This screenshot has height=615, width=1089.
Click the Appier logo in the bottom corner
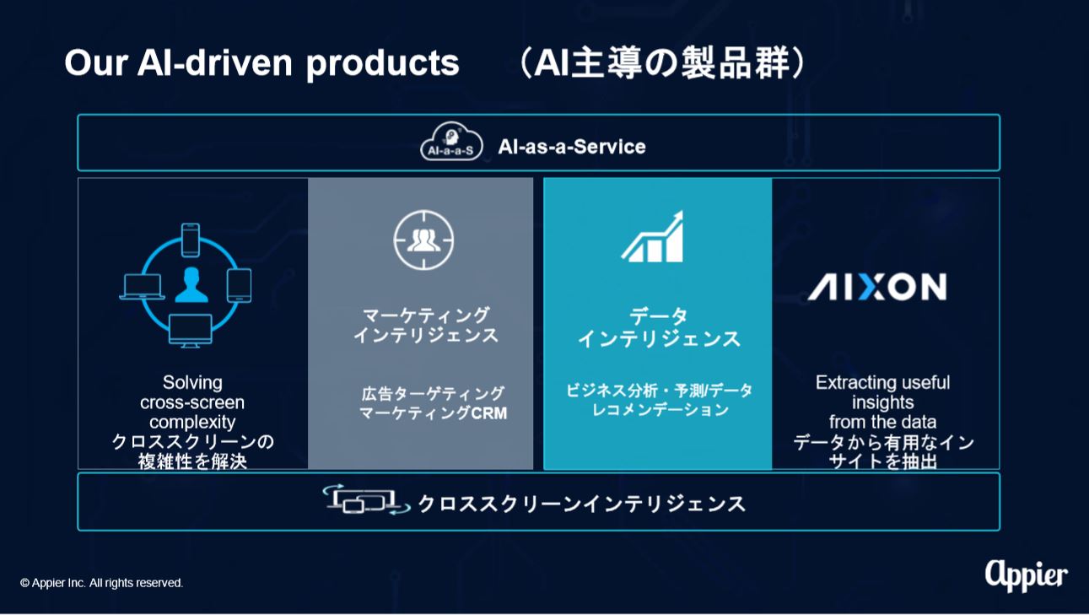coord(1027,575)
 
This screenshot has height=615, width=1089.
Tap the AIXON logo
coord(877,286)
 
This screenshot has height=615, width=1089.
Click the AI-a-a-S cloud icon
coord(451,141)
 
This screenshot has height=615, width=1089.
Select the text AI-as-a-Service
coord(572,146)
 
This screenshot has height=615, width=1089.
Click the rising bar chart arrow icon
coord(652,236)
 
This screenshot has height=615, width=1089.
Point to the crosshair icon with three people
coord(423,240)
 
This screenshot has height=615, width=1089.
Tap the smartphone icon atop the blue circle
coord(190,240)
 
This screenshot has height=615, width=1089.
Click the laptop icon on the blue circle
coord(142,287)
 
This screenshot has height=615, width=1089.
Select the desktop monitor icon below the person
coord(190,331)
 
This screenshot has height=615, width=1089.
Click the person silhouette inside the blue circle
coord(191,285)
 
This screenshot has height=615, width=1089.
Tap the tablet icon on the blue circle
coord(240,285)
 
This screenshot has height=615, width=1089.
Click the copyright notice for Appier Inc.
coord(101,582)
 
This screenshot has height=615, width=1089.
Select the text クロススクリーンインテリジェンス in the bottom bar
coord(581,504)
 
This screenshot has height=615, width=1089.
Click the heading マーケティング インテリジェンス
coord(425,326)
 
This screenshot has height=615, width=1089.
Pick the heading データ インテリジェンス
coord(659,328)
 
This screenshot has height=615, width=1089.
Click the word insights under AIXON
coord(882,402)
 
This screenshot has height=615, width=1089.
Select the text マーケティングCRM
coord(433,413)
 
